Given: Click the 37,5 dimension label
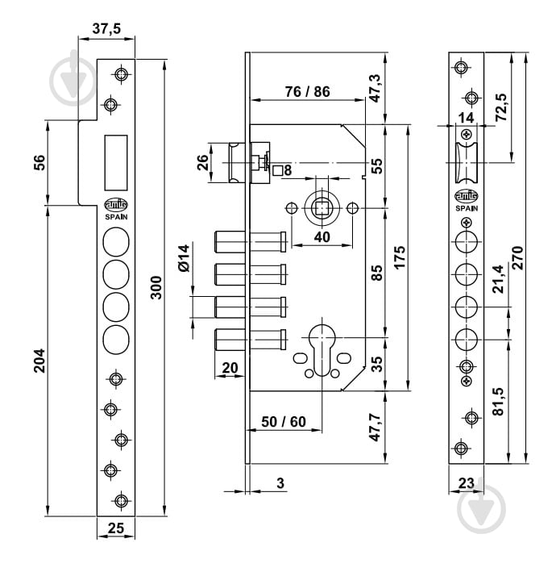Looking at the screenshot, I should click(x=106, y=28).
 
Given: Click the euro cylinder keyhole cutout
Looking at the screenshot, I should click(x=321, y=349).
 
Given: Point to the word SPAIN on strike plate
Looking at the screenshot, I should click(x=115, y=215).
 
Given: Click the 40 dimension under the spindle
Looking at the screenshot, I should click(x=322, y=237).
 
